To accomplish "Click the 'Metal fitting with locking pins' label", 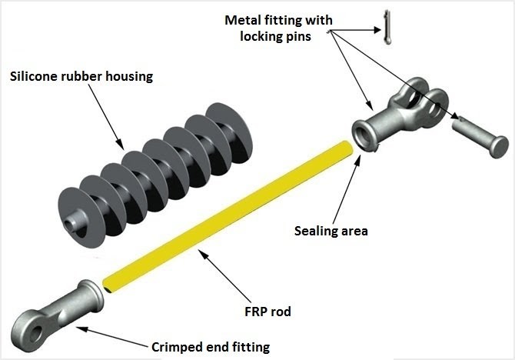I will pos(270,26).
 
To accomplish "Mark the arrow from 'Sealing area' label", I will pos(351,185).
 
